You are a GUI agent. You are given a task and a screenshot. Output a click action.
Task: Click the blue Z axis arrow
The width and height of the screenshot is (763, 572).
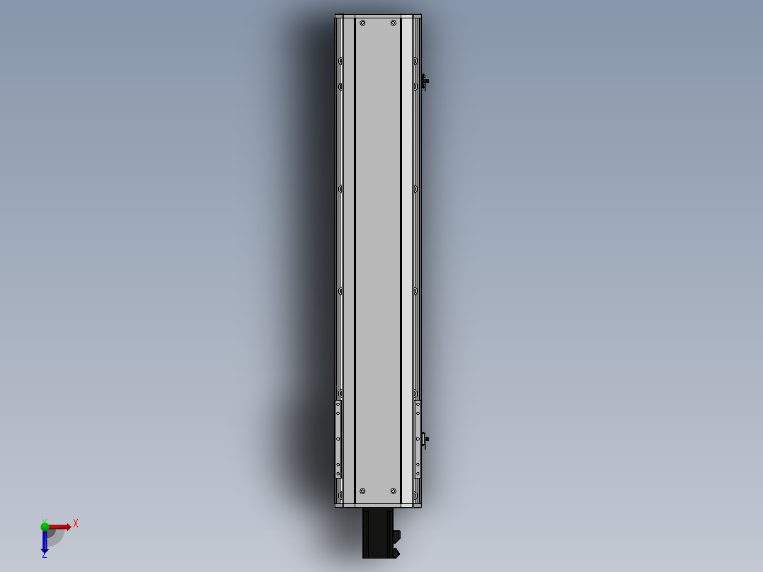[45, 542]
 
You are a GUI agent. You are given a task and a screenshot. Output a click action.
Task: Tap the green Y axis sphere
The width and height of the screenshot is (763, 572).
[45, 525]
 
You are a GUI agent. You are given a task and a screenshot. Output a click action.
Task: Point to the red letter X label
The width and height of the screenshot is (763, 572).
[75, 523]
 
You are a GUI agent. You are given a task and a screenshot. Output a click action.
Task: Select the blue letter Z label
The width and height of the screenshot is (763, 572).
[44, 555]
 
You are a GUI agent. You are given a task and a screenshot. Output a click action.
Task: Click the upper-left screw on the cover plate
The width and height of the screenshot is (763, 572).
[362, 23]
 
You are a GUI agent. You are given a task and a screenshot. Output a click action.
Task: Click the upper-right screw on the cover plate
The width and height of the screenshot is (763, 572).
[394, 23]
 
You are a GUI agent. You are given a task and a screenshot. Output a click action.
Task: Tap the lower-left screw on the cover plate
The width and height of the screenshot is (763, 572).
[362, 491]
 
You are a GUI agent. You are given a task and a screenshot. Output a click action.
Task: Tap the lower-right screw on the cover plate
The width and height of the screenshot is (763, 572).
[394, 491]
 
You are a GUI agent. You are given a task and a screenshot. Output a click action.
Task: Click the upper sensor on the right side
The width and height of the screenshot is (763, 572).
[424, 82]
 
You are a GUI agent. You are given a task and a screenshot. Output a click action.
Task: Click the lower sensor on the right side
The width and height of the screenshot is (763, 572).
[424, 440]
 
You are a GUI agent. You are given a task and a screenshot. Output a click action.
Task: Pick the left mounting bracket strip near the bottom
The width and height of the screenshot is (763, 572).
[338, 439]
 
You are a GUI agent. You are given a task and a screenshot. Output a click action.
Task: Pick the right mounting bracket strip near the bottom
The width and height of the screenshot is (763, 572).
[418, 439]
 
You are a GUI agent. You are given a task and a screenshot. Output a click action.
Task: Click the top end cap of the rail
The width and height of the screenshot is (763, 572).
[378, 16]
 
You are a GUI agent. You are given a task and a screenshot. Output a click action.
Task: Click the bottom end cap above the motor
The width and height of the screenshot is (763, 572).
[378, 505]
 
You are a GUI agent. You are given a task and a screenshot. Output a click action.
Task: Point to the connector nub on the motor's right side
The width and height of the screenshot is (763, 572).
[396, 535]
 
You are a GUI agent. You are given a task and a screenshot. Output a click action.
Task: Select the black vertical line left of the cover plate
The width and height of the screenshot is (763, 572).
[354, 255]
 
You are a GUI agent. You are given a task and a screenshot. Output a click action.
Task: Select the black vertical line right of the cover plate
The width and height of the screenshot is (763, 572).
[401, 255]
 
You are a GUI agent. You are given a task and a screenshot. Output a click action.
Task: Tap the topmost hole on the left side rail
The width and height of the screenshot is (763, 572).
[340, 61]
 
